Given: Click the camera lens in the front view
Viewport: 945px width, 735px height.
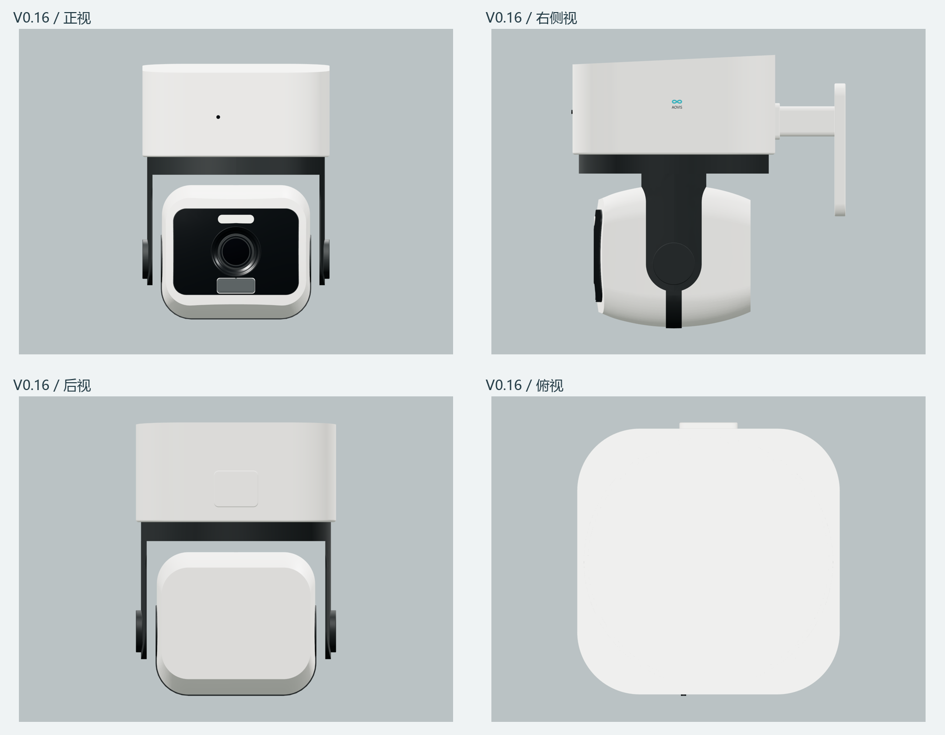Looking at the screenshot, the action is [236, 251].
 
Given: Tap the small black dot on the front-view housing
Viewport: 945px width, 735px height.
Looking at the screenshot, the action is [218, 117].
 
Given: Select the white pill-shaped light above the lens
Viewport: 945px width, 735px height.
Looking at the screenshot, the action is [236, 219].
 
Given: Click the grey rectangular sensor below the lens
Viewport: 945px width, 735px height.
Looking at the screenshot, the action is [236, 286].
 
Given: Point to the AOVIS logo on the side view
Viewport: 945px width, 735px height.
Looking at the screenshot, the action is [677, 104].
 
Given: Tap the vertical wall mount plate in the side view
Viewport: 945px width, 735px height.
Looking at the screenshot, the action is [840, 150].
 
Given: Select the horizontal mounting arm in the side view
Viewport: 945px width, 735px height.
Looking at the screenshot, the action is [806, 121].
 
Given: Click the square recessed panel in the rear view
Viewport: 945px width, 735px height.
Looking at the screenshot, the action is [236, 489].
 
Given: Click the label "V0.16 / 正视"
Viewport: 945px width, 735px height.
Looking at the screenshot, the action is [52, 18].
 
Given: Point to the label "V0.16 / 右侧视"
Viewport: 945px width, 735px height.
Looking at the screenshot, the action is [531, 18].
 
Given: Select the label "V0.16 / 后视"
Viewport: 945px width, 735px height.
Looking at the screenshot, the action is [52, 385].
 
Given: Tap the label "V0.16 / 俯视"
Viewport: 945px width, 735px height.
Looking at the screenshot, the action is [524, 385].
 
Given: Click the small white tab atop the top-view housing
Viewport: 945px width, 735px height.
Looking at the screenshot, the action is [708, 426].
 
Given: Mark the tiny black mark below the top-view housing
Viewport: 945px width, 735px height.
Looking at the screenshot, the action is [684, 695].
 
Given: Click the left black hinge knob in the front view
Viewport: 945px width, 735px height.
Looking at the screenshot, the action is [145, 259].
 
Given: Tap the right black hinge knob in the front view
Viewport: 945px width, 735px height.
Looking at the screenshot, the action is [327, 259].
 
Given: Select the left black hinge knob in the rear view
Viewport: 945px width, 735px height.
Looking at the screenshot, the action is [139, 631].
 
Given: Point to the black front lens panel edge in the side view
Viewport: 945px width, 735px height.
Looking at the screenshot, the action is [598, 256].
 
